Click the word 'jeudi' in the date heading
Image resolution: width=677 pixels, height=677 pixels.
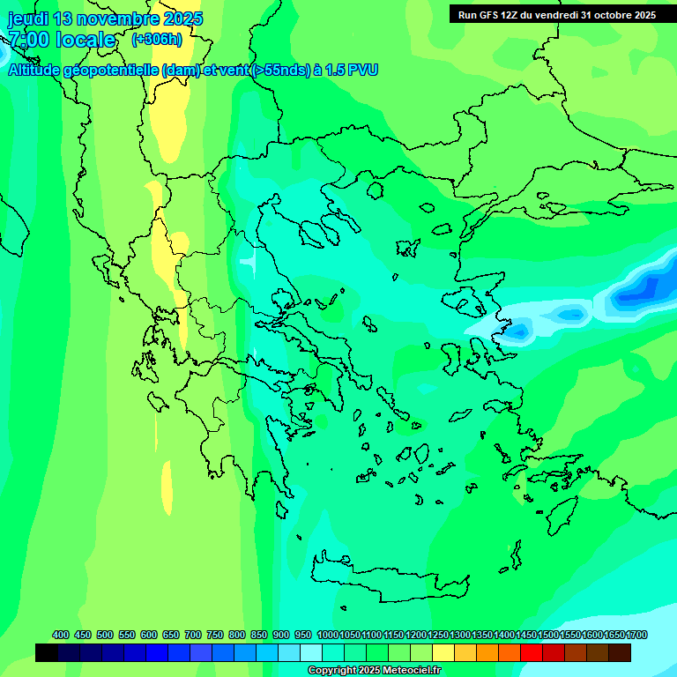click(29, 19)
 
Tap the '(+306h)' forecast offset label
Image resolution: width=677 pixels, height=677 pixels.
click(156, 40)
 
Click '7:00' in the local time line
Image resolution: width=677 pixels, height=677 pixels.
click(27, 40)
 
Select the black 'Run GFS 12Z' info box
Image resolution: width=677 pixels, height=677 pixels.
click(556, 14)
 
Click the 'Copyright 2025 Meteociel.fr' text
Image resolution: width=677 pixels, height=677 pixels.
click(374, 671)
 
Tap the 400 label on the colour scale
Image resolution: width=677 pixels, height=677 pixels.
click(61, 635)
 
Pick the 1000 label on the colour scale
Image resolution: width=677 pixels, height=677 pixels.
click(327, 635)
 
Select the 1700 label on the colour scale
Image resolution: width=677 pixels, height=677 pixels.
click(636, 635)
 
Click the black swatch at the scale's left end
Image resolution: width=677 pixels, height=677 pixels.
click(47, 653)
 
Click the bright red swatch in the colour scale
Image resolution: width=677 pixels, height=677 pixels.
click(532, 653)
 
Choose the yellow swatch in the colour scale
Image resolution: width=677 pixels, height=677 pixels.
click(443, 653)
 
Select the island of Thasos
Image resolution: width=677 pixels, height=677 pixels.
click(375, 190)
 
